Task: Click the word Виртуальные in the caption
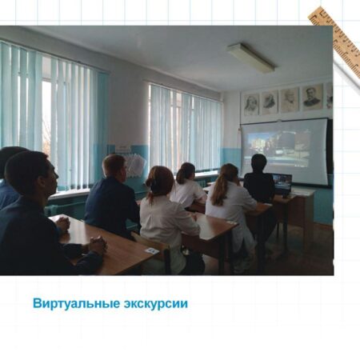click(76, 304)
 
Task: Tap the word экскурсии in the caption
click(156, 304)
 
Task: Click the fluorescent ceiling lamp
click(251, 58)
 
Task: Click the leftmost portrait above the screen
click(251, 104)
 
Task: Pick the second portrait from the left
click(270, 102)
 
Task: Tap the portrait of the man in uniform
click(312, 98)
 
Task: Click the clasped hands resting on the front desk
click(97, 244)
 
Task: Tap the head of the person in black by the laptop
click(259, 163)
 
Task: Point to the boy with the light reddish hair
click(114, 194)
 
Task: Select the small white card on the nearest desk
click(151, 251)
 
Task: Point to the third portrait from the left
click(290, 100)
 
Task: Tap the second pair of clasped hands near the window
click(63, 223)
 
